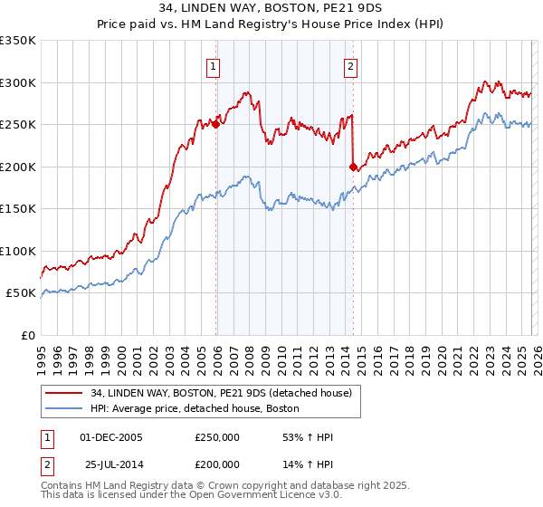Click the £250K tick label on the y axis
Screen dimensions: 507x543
point(18,124)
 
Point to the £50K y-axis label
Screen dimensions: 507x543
point(22,293)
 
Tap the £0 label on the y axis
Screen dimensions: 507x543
point(29,335)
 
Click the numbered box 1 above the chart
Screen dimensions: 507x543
point(213,66)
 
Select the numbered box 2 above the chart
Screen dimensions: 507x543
point(350,66)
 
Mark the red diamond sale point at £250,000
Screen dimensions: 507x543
point(216,124)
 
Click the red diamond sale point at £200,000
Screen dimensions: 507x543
point(353,167)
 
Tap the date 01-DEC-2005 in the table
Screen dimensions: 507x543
point(111,437)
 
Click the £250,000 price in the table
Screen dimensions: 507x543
point(217,437)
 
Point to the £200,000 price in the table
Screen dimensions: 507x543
point(217,464)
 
